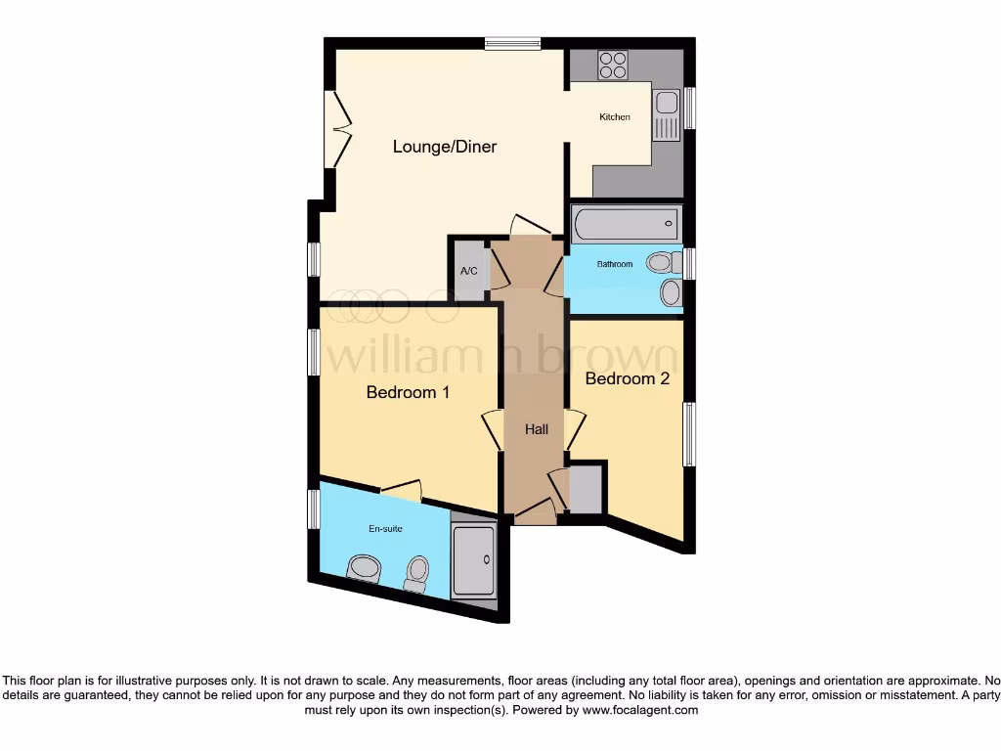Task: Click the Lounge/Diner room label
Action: pos(445,147)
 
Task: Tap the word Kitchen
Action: pos(615,117)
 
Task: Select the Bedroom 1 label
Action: pos(408,392)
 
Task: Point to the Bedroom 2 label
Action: pos(627,378)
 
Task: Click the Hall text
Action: pos(537,429)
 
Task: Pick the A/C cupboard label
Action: pos(468,271)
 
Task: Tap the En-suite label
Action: pos(385,529)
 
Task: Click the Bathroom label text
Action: pos(616,264)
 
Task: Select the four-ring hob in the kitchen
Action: pos(613,65)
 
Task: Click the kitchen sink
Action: pos(666,103)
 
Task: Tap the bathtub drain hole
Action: pos(669,224)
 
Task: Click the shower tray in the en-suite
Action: pos(474,559)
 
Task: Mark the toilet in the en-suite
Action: pos(417,573)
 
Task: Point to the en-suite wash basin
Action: pos(365,567)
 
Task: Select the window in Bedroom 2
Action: pos(688,433)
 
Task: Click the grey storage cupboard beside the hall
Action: pos(586,490)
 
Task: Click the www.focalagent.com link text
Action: pos(640,711)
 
